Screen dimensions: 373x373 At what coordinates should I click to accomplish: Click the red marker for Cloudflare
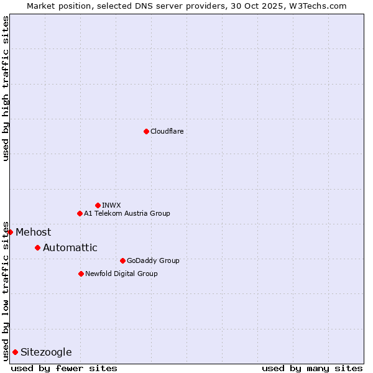[146, 131]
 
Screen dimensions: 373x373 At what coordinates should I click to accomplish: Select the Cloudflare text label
[167, 131]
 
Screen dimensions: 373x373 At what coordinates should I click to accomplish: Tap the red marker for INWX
[98, 205]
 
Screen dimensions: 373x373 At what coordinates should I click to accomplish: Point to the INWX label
[111, 205]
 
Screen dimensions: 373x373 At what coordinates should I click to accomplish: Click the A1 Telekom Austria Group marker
[80, 213]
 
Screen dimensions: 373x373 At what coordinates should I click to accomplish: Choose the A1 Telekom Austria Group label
[127, 213]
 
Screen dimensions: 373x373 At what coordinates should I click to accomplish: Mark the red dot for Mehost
[10, 232]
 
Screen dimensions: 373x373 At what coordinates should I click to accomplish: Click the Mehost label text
[34, 232]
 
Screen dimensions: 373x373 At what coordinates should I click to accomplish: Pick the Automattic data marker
[37, 247]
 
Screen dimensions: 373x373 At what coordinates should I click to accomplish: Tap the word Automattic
[70, 247]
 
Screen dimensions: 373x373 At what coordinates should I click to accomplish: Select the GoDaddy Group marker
[122, 260]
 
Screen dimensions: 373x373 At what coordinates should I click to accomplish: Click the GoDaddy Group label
[153, 260]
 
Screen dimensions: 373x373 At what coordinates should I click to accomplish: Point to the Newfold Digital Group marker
[81, 274]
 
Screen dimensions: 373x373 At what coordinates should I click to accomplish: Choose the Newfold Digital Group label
[121, 274]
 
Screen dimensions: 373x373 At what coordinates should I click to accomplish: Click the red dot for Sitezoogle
[15, 352]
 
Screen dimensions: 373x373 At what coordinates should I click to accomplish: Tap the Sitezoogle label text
[46, 352]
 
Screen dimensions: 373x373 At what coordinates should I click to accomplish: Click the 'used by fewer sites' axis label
[64, 368]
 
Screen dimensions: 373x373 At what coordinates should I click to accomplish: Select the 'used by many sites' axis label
[311, 368]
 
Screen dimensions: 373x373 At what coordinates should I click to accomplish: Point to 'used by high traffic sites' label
[6, 88]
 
